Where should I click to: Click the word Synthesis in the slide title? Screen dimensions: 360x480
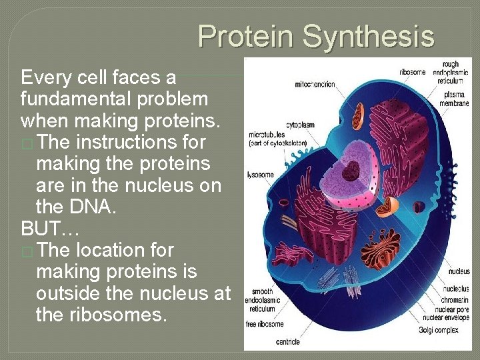click(x=369, y=36)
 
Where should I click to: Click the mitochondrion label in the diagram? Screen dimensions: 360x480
click(x=315, y=85)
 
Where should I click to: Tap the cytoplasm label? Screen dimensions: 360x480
click(x=300, y=125)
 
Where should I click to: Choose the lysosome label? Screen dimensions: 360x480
click(x=261, y=175)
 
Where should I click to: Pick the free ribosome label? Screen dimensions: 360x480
click(x=265, y=324)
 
